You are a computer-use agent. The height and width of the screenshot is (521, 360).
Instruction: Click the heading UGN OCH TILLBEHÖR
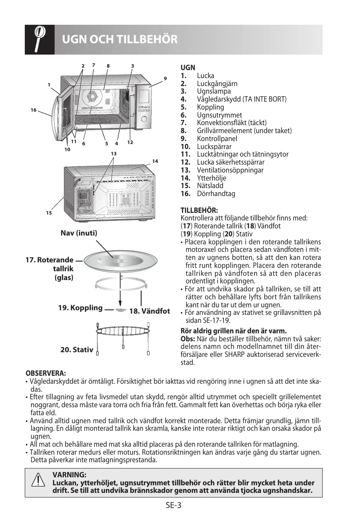(x=120, y=39)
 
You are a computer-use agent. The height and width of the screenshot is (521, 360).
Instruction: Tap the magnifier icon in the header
(x=39, y=39)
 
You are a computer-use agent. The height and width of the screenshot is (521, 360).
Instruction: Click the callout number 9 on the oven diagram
(x=166, y=78)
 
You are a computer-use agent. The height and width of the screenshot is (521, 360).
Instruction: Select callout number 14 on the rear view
(x=155, y=161)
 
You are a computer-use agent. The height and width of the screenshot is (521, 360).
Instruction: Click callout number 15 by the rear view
(x=48, y=213)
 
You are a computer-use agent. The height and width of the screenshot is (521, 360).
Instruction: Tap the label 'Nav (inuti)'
(x=79, y=233)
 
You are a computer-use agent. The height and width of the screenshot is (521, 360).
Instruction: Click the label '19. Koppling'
(x=80, y=308)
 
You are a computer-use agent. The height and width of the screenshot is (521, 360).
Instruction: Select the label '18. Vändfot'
(x=150, y=311)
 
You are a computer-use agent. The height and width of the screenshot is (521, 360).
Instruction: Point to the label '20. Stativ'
(x=76, y=349)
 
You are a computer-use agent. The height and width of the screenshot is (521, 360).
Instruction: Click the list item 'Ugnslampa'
(x=214, y=91)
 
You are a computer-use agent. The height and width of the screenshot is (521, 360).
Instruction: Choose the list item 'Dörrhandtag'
(x=216, y=194)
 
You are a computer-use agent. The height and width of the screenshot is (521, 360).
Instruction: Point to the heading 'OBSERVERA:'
(x=45, y=373)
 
